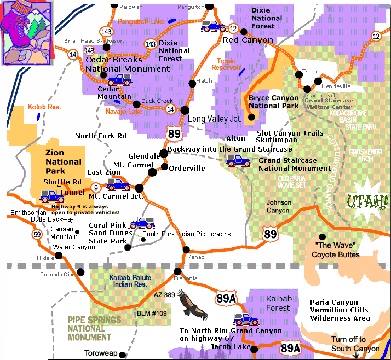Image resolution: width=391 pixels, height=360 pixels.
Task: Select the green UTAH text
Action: (367, 201)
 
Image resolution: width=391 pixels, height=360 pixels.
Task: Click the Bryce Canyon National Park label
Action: (273, 102)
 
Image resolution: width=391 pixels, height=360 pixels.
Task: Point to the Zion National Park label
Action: (64, 162)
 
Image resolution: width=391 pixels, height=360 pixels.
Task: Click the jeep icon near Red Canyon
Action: (212, 25)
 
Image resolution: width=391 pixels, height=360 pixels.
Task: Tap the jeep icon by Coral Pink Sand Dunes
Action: (142, 223)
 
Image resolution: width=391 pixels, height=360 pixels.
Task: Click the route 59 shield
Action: (36, 235)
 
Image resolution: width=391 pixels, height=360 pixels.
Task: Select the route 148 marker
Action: (89, 51)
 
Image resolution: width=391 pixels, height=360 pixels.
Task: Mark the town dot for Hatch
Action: (192, 83)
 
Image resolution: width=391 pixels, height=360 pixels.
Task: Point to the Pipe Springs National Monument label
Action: (90, 328)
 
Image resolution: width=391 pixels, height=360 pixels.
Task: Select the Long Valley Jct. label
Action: (215, 119)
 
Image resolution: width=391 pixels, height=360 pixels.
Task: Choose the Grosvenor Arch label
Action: (369, 155)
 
